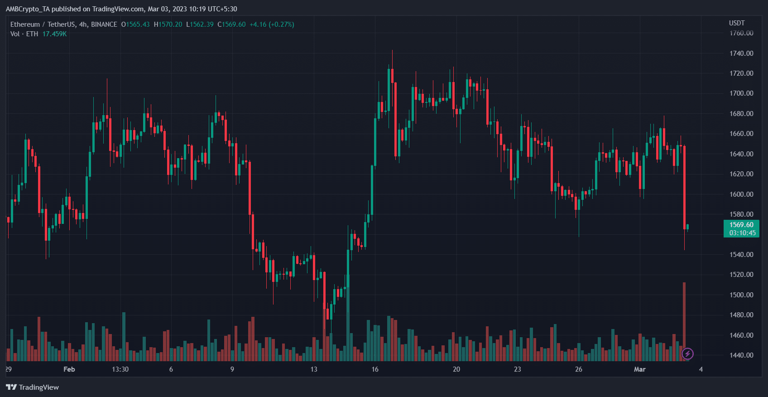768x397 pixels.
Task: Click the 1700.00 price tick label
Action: pyautogui.click(x=741, y=93)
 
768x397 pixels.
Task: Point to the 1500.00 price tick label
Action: pyautogui.click(x=741, y=295)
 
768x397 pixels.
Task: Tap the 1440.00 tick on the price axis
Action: pyautogui.click(x=741, y=355)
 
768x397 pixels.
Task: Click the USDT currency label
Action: pyautogui.click(x=737, y=23)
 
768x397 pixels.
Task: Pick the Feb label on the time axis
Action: pyautogui.click(x=69, y=369)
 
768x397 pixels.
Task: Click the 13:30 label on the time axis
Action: pyautogui.click(x=120, y=369)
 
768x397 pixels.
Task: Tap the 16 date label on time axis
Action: pyautogui.click(x=375, y=369)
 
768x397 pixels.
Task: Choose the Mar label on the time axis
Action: pyautogui.click(x=639, y=369)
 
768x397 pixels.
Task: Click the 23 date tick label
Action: pyautogui.click(x=518, y=369)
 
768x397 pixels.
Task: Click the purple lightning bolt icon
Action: pyautogui.click(x=687, y=353)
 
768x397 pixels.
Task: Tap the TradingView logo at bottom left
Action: pyautogui.click(x=33, y=387)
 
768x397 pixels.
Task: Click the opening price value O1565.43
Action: pyautogui.click(x=135, y=24)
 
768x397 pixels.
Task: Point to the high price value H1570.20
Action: pyautogui.click(x=168, y=24)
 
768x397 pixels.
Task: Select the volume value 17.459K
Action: pyautogui.click(x=54, y=34)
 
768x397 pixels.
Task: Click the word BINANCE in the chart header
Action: pyautogui.click(x=104, y=24)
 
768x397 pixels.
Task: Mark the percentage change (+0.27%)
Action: pyautogui.click(x=281, y=24)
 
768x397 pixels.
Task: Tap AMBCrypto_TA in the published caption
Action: pyautogui.click(x=28, y=9)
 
